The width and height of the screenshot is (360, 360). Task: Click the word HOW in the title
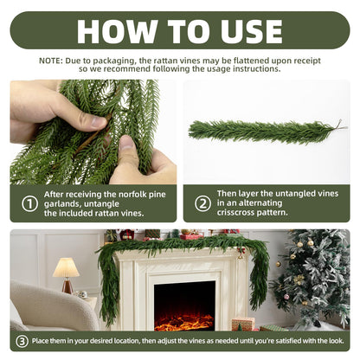point(117,31)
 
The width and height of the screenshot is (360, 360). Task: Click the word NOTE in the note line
point(50,61)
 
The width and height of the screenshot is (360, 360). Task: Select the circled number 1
point(29,204)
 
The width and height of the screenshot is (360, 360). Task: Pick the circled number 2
point(202,203)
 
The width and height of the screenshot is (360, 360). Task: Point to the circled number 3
point(22,341)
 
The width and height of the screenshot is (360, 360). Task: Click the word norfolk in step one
point(132,195)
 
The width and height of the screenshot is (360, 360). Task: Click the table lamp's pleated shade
point(66,267)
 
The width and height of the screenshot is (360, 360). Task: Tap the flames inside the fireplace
point(184,323)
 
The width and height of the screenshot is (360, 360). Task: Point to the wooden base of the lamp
point(67,286)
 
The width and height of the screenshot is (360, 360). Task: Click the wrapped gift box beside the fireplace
point(243,324)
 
